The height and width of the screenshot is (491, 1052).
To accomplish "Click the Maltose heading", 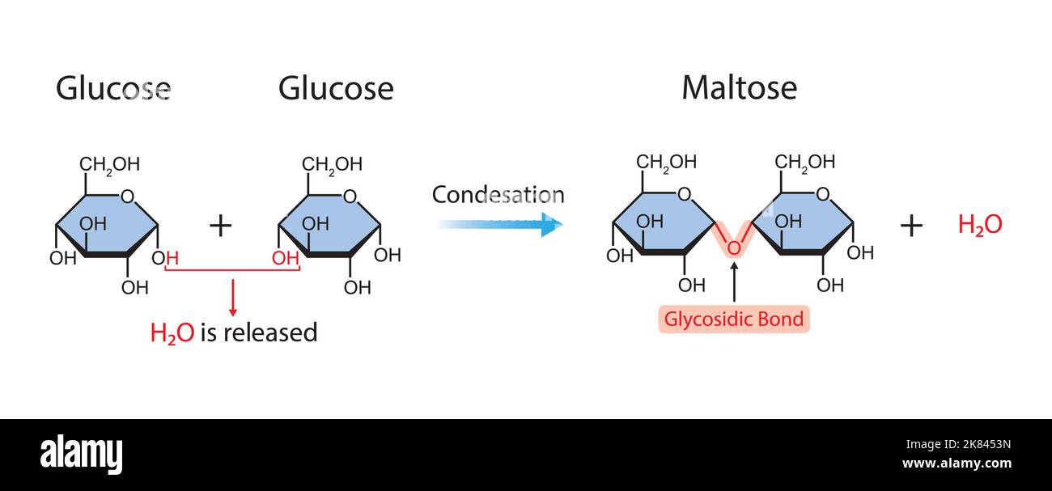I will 739,87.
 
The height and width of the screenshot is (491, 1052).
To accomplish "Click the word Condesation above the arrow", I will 498,195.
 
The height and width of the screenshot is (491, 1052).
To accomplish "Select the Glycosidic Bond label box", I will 734,319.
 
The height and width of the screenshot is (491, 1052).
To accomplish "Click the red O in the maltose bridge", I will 733,248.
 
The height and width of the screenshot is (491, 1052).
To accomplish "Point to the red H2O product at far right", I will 979,225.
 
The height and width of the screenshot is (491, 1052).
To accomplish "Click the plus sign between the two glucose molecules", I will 220,226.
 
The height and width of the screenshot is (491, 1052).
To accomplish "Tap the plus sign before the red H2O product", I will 911,226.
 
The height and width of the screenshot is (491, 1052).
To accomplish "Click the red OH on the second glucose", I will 285,258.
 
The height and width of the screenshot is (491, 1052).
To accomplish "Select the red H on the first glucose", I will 172,258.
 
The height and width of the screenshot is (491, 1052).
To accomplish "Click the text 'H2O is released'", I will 234,332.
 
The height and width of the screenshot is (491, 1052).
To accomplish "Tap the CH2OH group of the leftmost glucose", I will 109,165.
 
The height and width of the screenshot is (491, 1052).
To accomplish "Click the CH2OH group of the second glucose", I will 332,165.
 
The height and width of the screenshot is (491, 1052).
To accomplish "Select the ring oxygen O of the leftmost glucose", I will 126,196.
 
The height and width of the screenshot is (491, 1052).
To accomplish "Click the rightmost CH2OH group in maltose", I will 804,162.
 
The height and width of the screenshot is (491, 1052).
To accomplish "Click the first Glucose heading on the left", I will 113,88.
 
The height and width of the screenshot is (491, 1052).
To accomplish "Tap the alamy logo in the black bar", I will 82,455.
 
